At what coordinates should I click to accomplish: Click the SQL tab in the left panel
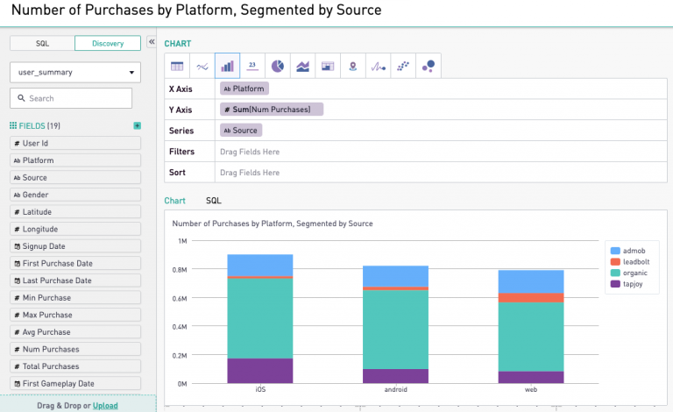point(42,43)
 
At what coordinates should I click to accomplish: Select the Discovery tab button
point(108,43)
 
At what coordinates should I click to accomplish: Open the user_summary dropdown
point(74,72)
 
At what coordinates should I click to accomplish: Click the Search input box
point(74,98)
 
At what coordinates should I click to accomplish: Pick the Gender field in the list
point(75,195)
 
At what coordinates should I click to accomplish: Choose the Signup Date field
point(75,246)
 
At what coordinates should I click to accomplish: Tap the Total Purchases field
point(75,366)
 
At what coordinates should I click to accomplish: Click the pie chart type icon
point(277,66)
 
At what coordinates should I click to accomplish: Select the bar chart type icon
point(227,66)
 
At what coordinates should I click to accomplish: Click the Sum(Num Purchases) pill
point(272,110)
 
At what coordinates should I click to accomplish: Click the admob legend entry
point(633,251)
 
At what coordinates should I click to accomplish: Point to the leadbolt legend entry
point(634,261)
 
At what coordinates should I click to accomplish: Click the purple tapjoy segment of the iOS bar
point(260,370)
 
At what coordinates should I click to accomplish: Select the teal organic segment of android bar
point(395,329)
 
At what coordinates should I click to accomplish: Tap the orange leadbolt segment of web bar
point(530,298)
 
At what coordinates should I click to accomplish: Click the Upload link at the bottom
point(105,406)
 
